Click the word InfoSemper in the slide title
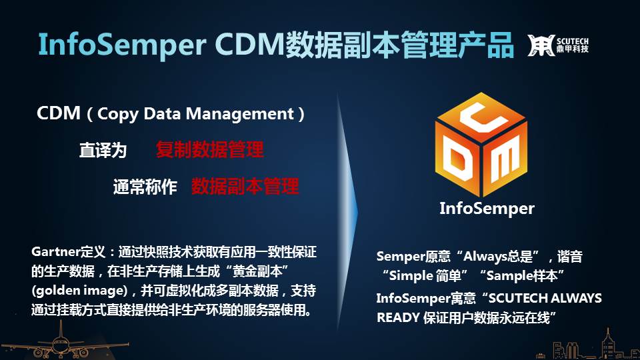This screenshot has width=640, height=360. [122, 45]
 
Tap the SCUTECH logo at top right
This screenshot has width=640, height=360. [557, 45]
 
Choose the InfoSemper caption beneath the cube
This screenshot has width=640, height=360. [487, 208]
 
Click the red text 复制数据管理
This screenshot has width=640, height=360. [209, 149]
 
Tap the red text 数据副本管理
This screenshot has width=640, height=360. [245, 186]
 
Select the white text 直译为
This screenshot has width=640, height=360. [103, 150]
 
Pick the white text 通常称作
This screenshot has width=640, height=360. [145, 187]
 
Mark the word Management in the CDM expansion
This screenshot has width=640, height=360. [240, 114]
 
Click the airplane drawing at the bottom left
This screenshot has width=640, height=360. [61, 342]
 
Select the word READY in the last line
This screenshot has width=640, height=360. [398, 317]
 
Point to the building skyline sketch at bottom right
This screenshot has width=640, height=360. [588, 346]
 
